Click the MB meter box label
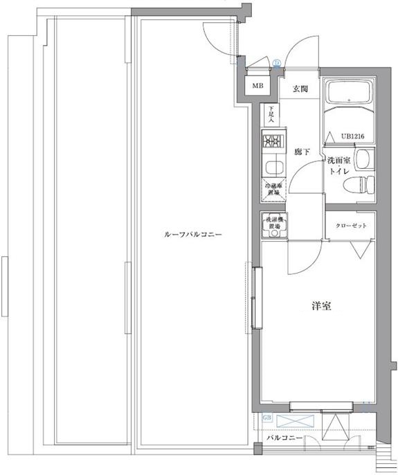[x=257, y=87]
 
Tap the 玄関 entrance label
[x=300, y=89]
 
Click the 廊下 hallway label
[x=301, y=152]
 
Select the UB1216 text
[x=353, y=136]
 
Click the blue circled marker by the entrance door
[x=276, y=63]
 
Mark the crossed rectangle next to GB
[x=296, y=420]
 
